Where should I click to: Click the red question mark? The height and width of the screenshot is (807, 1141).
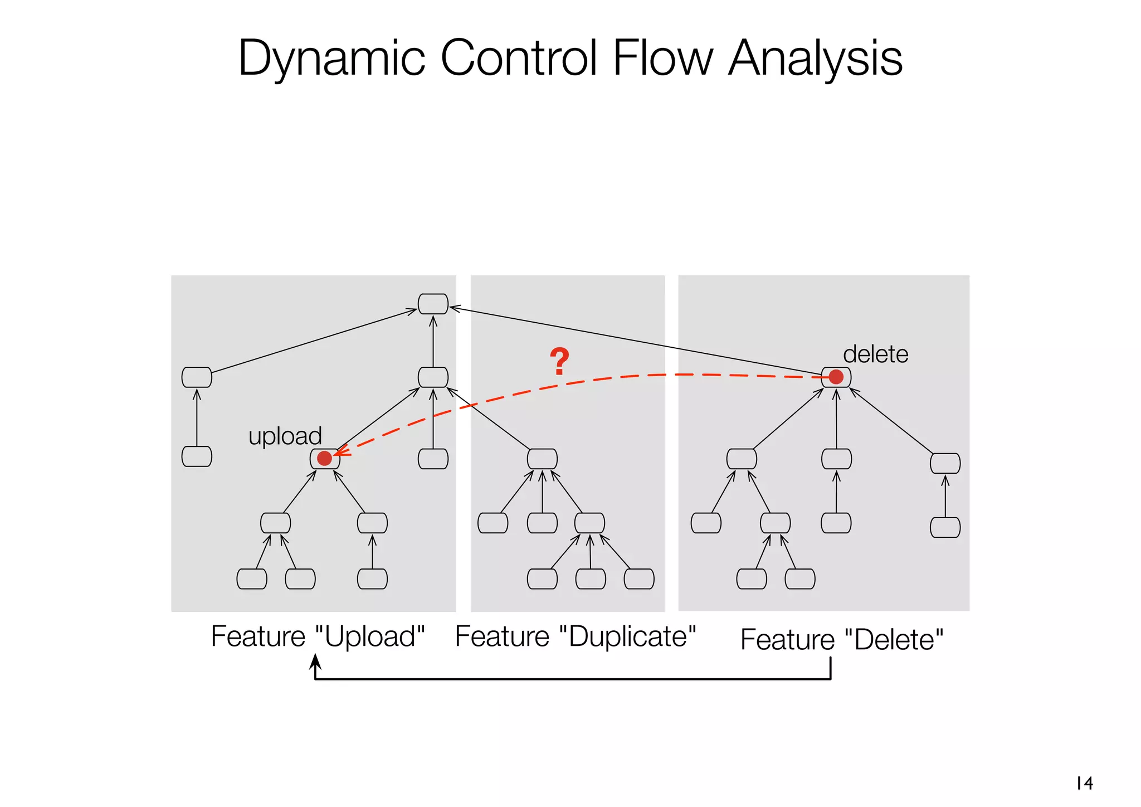[559, 361]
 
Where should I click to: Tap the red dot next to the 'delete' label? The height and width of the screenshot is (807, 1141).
[836, 377]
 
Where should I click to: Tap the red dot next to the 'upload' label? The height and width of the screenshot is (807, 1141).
[324, 459]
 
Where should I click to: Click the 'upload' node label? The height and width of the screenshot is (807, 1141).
[285, 436]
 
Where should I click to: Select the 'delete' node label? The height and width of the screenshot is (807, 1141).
[875, 354]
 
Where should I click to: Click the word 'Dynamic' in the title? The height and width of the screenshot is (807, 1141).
[332, 59]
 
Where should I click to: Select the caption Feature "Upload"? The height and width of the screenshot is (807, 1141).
[318, 636]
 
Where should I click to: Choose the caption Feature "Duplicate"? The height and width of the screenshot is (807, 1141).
[576, 636]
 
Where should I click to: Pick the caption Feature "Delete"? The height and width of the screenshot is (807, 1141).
[842, 639]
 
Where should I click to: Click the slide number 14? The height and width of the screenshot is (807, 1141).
[1084, 784]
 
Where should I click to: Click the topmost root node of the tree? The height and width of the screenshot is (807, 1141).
[433, 304]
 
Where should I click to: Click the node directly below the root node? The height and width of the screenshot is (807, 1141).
[433, 377]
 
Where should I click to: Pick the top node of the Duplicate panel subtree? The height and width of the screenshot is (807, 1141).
[542, 459]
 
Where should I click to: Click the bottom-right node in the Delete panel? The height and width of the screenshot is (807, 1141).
[945, 527]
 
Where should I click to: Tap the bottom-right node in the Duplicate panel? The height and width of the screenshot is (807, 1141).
[639, 579]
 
